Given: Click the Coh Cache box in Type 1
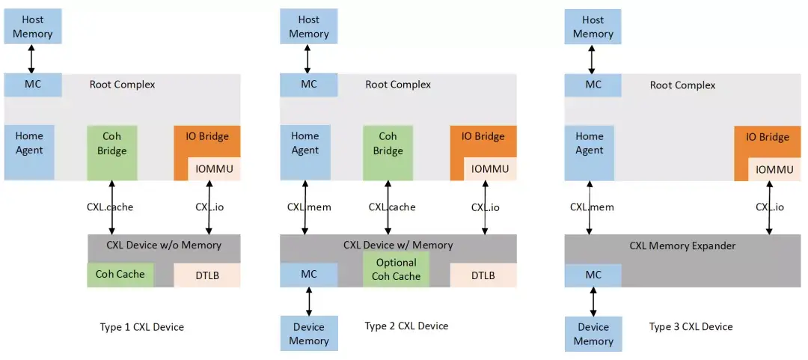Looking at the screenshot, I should pyautogui.click(x=120, y=275).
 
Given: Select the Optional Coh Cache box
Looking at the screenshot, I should pyautogui.click(x=397, y=269).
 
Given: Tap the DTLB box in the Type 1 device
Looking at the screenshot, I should pyautogui.click(x=207, y=275).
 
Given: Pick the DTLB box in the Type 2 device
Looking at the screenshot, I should pyautogui.click(x=483, y=275).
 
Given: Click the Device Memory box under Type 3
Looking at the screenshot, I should pyautogui.click(x=593, y=334).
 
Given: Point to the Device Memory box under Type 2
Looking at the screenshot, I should pyautogui.click(x=309, y=334).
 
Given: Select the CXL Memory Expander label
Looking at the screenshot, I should pyautogui.click(x=682, y=245).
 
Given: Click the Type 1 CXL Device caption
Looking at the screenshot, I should pyautogui.click(x=142, y=327).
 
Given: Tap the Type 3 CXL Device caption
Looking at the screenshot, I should pyautogui.click(x=691, y=327).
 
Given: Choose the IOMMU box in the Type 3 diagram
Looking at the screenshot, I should pyautogui.click(x=774, y=170).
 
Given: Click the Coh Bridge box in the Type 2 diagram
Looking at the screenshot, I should pyautogui.click(x=388, y=144).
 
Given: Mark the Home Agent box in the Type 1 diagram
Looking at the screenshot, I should pyautogui.click(x=29, y=144).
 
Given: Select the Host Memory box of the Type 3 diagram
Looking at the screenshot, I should pyautogui.click(x=593, y=27).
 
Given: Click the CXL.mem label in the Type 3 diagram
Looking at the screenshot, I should pyautogui.click(x=592, y=207).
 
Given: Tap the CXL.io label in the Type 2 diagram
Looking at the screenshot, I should pyautogui.click(x=486, y=207).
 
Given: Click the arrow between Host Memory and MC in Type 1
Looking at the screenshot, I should pyautogui.click(x=31, y=58).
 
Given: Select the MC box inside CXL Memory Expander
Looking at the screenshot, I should pyautogui.click(x=593, y=275).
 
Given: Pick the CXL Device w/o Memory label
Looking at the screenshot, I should pyautogui.click(x=165, y=245).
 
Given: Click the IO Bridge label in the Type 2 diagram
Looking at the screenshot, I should pyautogui.click(x=483, y=137).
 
